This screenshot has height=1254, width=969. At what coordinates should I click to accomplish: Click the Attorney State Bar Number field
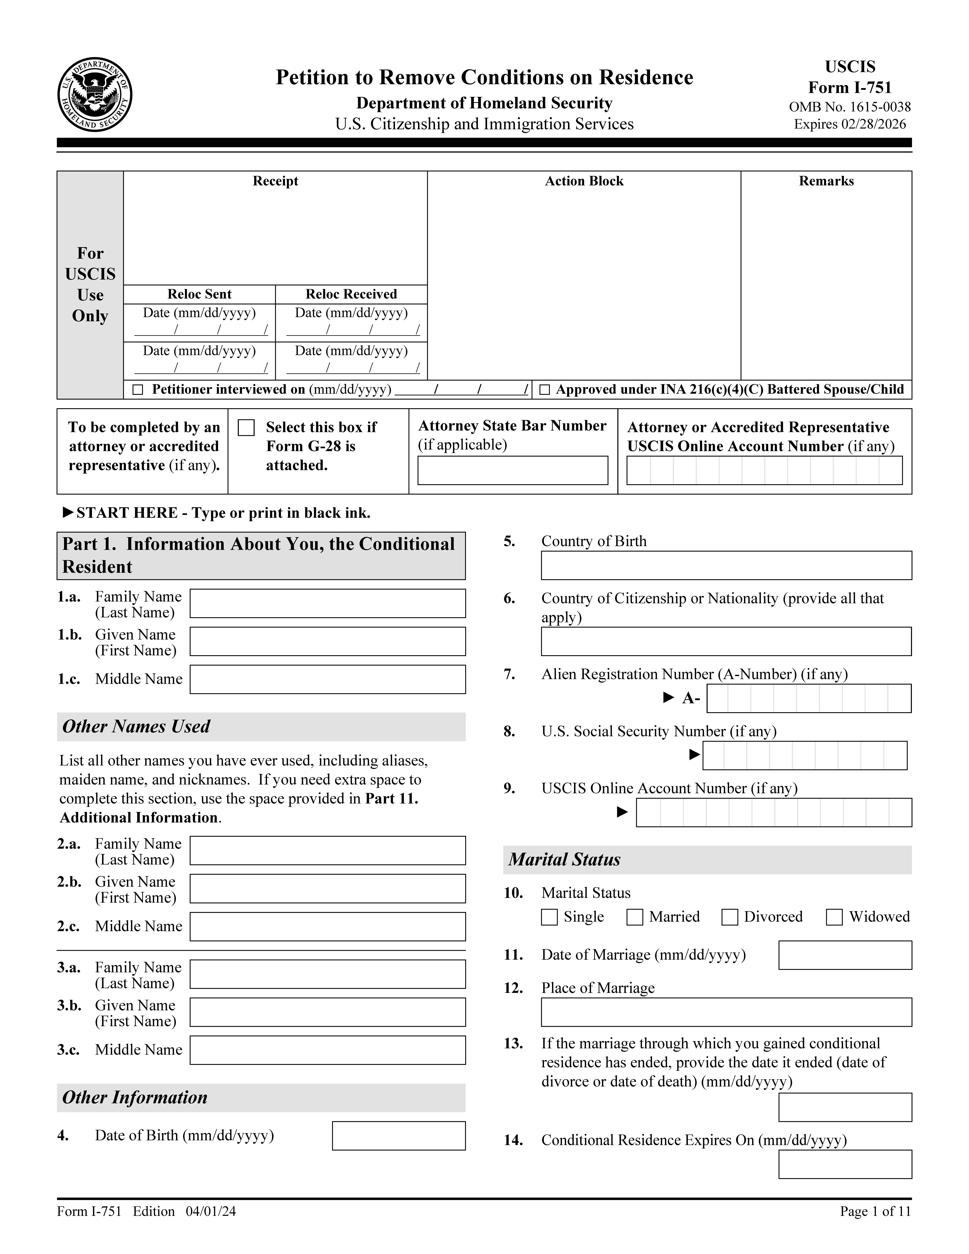pyautogui.click(x=513, y=470)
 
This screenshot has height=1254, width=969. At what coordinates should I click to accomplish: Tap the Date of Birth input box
pyautogui.click(x=398, y=1136)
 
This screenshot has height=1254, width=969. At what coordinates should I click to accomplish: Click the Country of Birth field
pyautogui.click(x=726, y=566)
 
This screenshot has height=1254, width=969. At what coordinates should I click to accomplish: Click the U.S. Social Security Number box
pyautogui.click(x=805, y=756)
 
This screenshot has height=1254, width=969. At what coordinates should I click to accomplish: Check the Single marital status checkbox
pyautogui.click(x=549, y=917)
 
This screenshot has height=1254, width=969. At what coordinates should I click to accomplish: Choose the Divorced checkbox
pyautogui.click(x=730, y=917)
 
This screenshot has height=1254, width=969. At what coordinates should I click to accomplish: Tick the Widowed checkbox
pyautogui.click(x=834, y=917)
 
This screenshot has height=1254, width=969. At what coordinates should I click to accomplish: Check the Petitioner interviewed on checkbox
pyautogui.click(x=138, y=390)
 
